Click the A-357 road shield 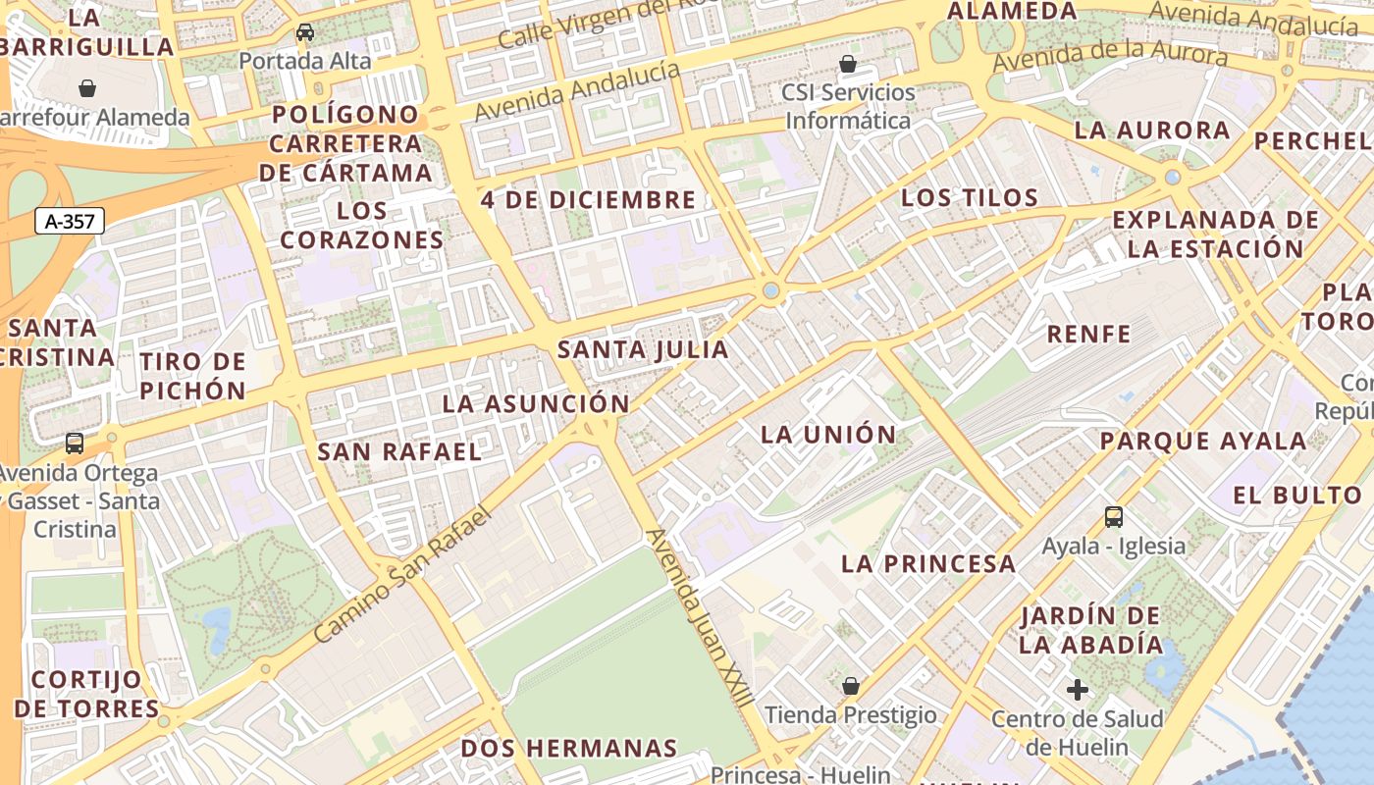point(70,221)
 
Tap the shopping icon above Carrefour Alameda point(87,88)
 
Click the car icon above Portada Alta point(305,32)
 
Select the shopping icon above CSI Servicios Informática point(848,64)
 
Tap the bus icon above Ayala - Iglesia point(1113,516)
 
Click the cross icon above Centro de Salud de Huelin point(1078,690)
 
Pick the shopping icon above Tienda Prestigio point(851,685)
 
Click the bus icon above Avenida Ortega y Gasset point(75,443)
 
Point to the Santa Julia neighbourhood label point(643,349)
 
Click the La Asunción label point(535,403)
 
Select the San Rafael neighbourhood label point(399,451)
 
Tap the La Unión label point(828,434)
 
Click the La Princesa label point(928,563)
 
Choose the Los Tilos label point(970,197)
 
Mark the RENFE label point(1088,334)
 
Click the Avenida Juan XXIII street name point(700,618)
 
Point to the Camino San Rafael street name point(401,575)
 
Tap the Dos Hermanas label point(569,748)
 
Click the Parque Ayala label point(1202,441)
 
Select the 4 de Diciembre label point(588,200)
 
